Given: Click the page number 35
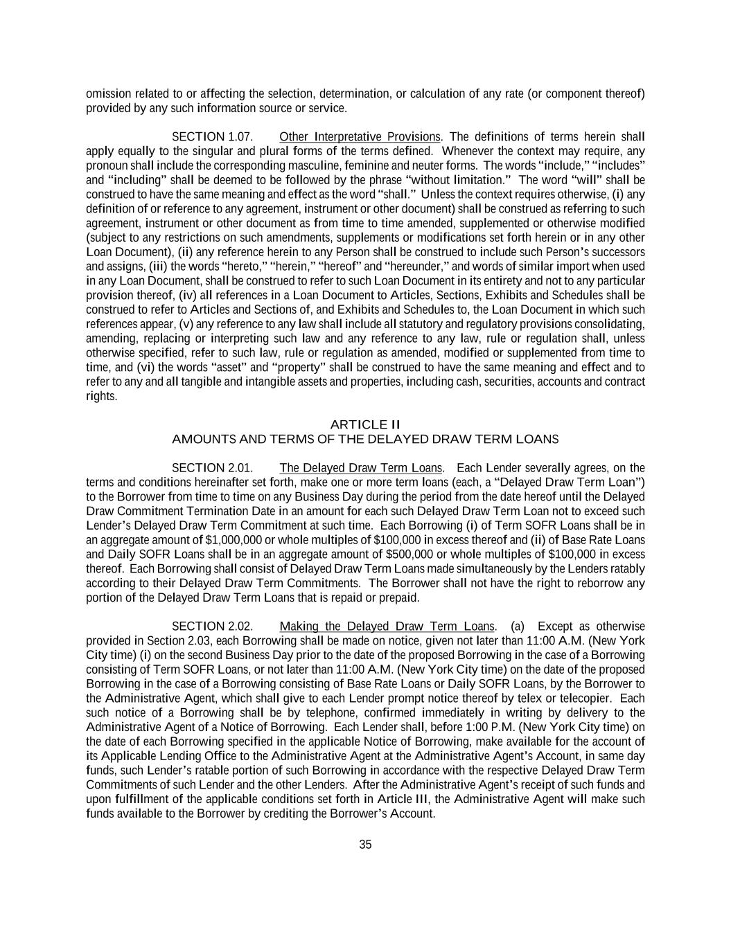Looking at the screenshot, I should coord(365,844).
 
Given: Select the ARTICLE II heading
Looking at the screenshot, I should coord(365,424).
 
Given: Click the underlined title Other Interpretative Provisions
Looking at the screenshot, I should coord(360,136).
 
